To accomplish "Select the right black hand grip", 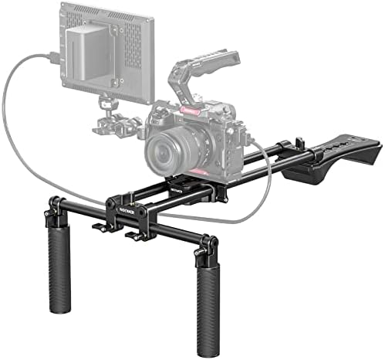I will (x=208, y=297).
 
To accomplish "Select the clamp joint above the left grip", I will (x=55, y=206).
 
